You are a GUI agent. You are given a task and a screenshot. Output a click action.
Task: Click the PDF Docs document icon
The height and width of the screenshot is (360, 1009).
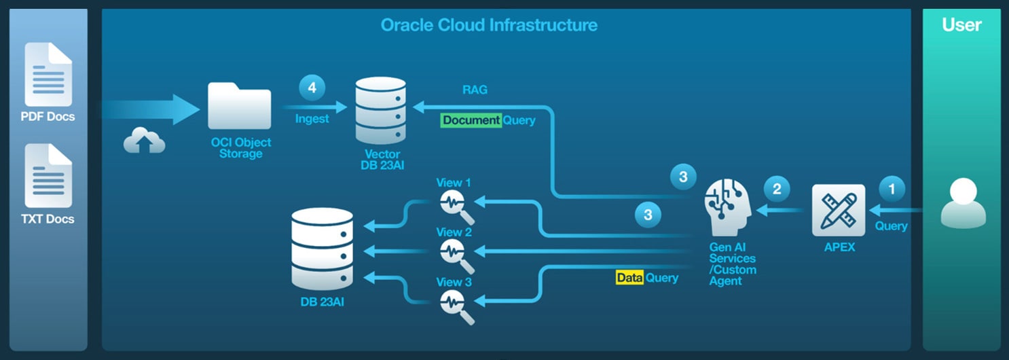coord(48,74)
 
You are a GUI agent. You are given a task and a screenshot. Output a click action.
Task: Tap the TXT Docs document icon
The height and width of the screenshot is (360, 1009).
coord(48,176)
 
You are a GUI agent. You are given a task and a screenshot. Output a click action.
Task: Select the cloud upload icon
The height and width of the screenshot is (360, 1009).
coord(144,141)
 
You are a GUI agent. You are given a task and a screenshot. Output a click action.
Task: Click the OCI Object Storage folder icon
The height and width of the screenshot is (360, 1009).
coord(239,106)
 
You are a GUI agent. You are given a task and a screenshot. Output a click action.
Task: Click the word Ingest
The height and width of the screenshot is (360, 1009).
coord(312,119)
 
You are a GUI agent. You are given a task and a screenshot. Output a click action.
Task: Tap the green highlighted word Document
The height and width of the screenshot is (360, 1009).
coord(471,120)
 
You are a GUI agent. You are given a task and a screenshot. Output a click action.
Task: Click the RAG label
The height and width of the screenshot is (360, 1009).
coord(475,90)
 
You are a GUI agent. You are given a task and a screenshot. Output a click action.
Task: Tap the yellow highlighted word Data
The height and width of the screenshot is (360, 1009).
coord(629,277)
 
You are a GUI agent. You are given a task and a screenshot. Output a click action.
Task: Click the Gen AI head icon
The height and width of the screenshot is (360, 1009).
coord(729,204)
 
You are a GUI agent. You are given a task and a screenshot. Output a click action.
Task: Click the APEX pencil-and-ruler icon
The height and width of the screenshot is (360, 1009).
coord(839,210)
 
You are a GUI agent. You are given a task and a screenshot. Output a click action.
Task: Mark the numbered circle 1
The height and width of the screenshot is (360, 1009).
coord(892,188)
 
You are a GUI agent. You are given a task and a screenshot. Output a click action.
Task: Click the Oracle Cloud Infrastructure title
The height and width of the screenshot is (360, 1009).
coord(489,26)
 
